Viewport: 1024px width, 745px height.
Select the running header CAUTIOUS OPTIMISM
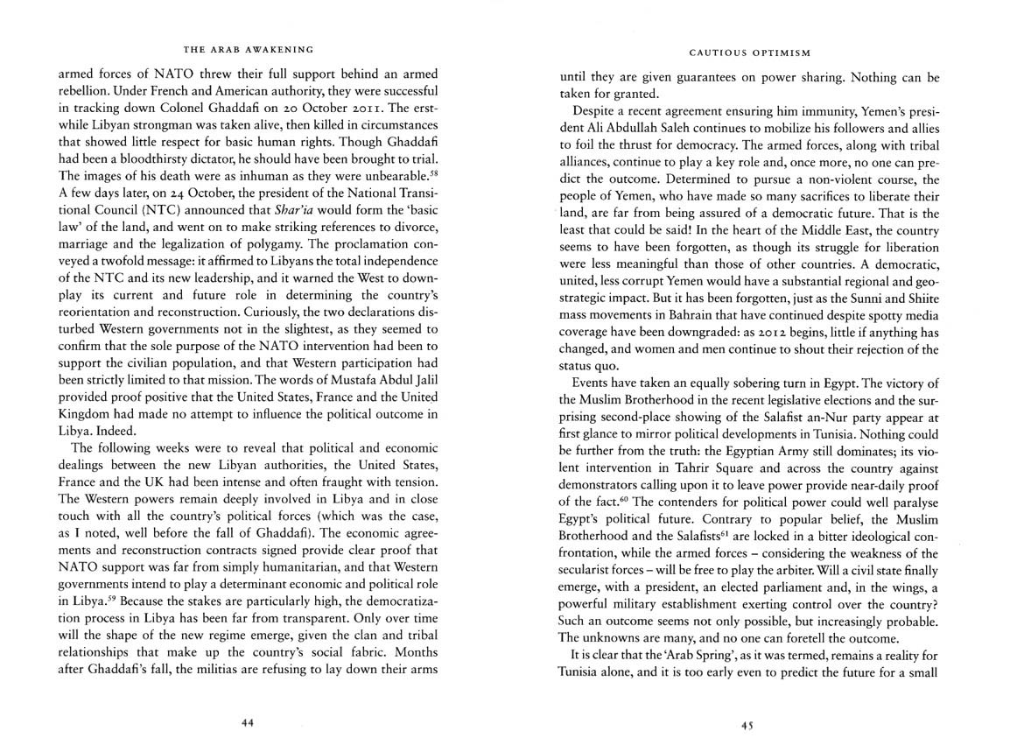(748, 51)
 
